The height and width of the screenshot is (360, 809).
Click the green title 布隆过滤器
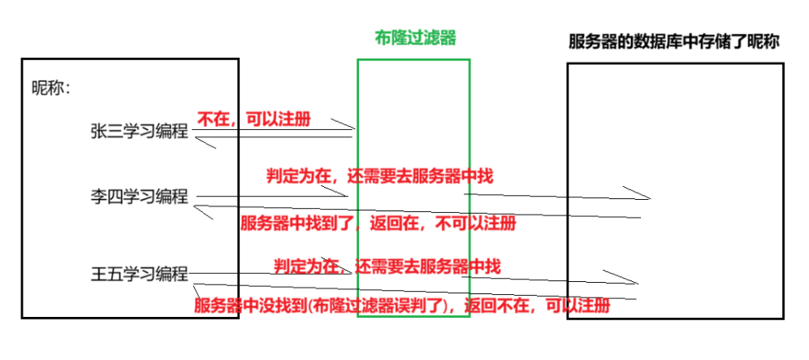[x=414, y=38]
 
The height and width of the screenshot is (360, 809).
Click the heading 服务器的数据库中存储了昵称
[x=673, y=42]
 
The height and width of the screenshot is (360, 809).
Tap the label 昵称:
[x=51, y=88]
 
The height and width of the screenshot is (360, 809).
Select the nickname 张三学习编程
[x=139, y=132]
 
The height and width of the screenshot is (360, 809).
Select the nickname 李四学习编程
[x=139, y=197]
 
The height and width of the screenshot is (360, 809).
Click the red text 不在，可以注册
[x=253, y=119]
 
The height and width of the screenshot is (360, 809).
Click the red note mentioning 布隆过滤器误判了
[x=401, y=306]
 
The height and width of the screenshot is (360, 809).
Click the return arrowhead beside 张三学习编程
[x=199, y=142]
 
